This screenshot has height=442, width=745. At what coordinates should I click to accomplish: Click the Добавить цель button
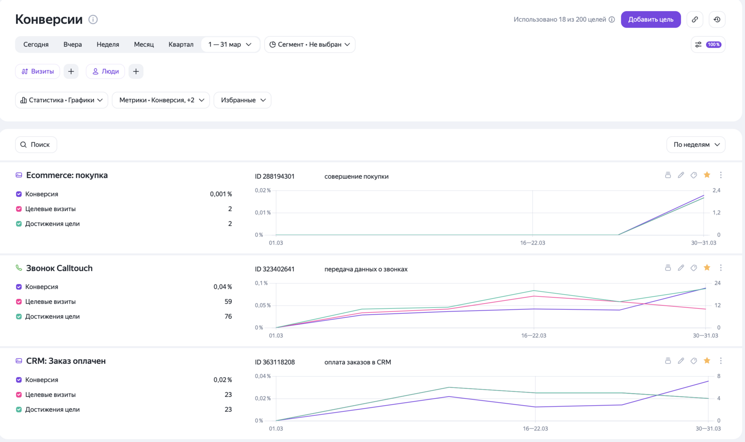tap(651, 20)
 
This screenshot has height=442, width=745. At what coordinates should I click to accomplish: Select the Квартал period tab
tap(181, 44)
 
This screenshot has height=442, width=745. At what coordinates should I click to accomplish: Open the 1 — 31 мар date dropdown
tap(230, 44)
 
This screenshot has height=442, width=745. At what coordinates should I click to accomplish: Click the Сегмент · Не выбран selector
tap(310, 44)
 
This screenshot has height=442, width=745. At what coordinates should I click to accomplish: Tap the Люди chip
tap(106, 71)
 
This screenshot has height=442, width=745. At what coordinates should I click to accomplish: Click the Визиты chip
tap(38, 71)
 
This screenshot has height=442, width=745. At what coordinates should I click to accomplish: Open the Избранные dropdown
tap(243, 100)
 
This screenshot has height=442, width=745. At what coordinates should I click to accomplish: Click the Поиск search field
tap(36, 145)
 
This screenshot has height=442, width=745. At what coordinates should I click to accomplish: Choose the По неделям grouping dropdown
tap(696, 145)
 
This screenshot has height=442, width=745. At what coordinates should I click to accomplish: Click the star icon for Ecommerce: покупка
tap(707, 175)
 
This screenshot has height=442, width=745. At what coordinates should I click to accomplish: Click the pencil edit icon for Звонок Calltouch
tap(681, 268)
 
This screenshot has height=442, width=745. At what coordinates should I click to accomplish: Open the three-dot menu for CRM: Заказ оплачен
tap(721, 360)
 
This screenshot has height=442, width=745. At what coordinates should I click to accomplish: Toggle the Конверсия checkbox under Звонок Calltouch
tap(19, 287)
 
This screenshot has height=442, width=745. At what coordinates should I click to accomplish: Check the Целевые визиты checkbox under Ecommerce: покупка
tap(19, 209)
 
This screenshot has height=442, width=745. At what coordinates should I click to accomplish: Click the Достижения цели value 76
tap(228, 316)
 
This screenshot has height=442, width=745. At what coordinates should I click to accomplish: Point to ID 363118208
tap(275, 362)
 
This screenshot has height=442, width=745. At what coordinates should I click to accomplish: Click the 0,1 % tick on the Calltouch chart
tap(261, 283)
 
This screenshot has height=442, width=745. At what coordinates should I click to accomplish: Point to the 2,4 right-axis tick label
tap(717, 190)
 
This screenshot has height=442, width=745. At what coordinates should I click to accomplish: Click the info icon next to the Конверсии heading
tap(93, 20)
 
